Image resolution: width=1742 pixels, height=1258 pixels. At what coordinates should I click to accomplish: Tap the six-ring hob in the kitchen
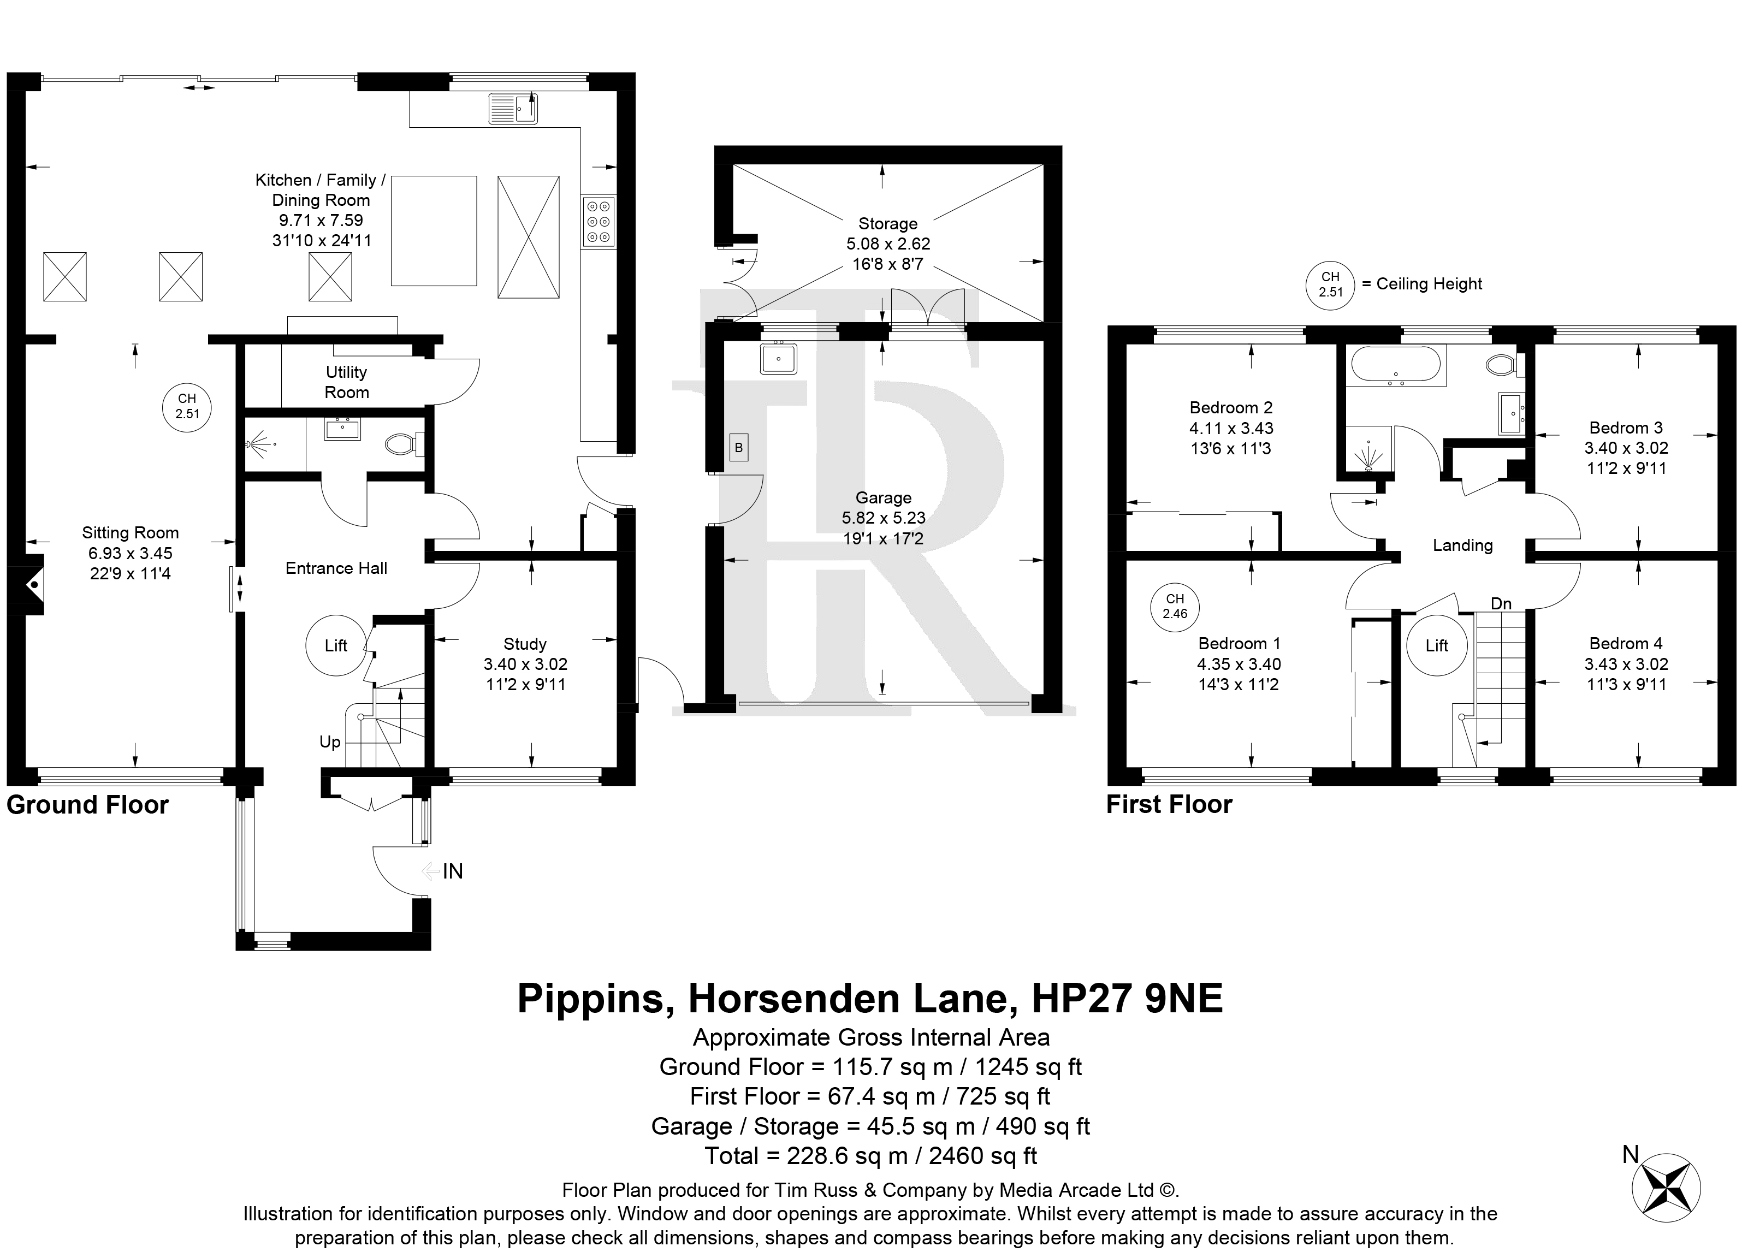coord(599,221)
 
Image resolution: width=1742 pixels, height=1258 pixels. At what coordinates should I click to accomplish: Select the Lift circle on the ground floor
coord(336,645)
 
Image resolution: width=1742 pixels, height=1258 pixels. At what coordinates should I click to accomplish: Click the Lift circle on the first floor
coord(1437,645)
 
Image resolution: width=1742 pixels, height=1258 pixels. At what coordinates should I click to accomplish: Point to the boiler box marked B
coord(738,448)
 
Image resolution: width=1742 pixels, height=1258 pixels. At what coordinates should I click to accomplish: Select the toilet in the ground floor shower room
coord(404,443)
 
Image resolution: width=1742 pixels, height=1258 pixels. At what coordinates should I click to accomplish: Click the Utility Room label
coord(346,382)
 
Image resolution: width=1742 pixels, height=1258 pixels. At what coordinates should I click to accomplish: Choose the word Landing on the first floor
coord(1463,545)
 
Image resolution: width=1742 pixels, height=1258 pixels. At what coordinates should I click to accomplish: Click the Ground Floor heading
coord(87,805)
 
